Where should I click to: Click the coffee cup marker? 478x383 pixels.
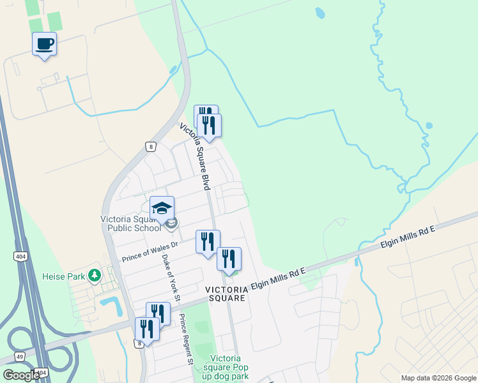tap(44, 44)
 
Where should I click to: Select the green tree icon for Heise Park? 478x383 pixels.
tap(95, 275)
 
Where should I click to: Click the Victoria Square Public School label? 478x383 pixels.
tap(131, 223)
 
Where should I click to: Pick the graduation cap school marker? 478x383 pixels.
tap(162, 208)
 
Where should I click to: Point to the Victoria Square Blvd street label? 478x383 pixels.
tap(195, 156)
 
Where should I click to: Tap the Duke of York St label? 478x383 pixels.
tap(171, 273)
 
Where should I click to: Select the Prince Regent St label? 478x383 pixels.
tap(185, 339)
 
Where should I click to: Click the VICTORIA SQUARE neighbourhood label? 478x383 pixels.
tap(226, 294)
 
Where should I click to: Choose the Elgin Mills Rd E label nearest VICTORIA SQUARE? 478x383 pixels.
tap(279, 278)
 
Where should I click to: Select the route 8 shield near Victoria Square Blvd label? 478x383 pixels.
tap(150, 146)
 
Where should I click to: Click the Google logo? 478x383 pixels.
tap(21, 375)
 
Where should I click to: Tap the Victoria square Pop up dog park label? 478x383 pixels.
tap(226, 367)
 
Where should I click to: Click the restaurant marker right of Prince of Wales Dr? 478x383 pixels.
tap(208, 241)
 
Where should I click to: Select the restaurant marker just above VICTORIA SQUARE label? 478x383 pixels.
tap(229, 259)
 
